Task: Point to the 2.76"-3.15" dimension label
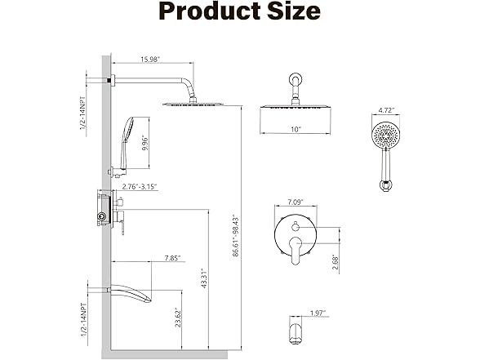[139, 187]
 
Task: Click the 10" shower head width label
[296, 130]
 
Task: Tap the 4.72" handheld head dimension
[386, 108]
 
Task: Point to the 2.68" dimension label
[336, 262]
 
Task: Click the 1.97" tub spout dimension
[318, 312]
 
